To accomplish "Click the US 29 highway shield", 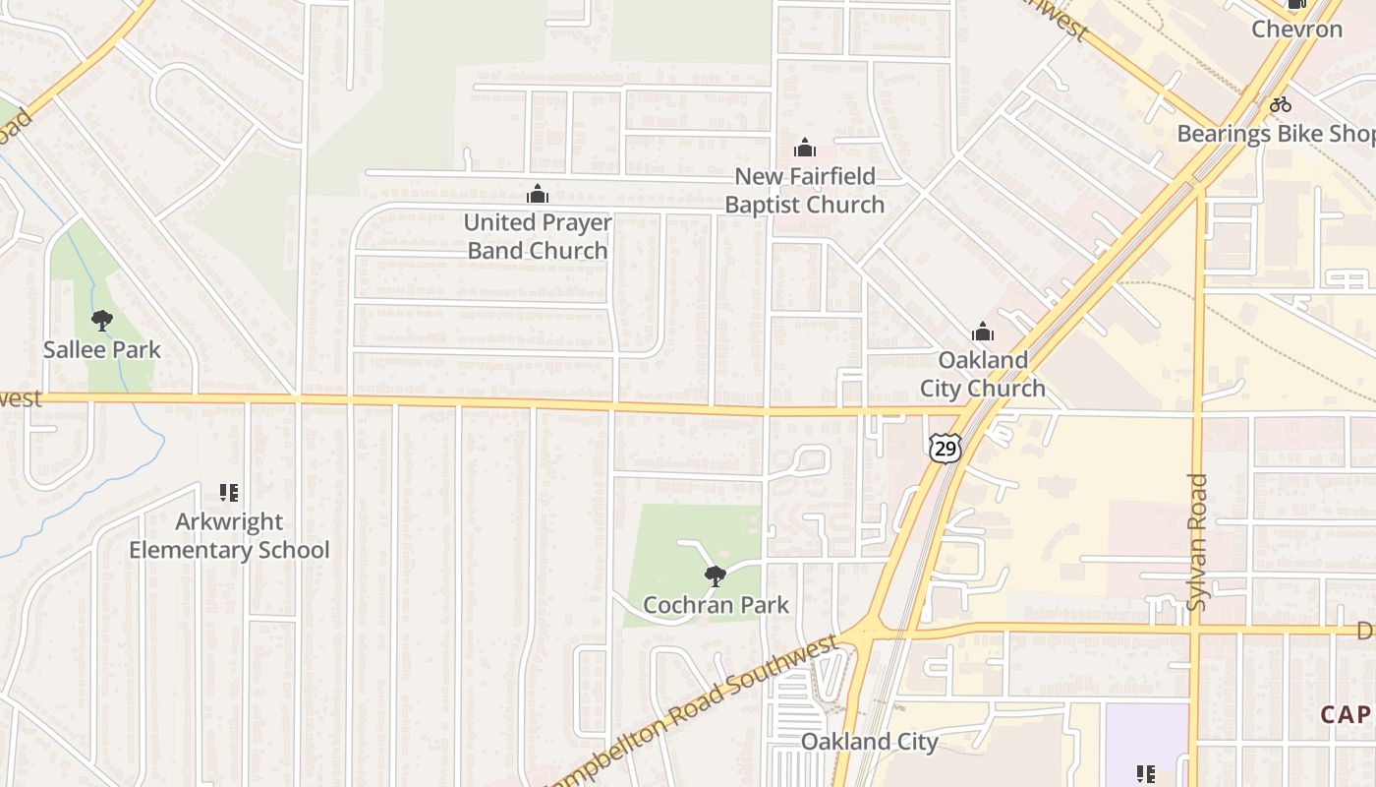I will click(945, 449).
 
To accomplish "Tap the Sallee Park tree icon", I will click(101, 321).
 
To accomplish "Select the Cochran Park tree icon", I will click(715, 575).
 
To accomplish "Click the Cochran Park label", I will click(716, 604).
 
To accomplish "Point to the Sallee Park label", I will click(101, 349).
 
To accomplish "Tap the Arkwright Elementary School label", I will click(229, 535).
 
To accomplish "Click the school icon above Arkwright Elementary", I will click(229, 492).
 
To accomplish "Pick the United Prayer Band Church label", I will click(538, 236).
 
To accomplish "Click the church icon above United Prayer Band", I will click(537, 194).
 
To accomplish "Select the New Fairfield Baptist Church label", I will click(805, 191).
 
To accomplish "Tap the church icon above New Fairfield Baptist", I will click(805, 149).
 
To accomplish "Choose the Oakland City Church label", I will click(983, 374).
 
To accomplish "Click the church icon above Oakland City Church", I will click(983, 333).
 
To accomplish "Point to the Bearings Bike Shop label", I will click(1276, 134).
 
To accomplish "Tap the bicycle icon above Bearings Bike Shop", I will click(1280, 104).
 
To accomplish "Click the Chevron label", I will click(1296, 29).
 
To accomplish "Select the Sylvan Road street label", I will click(1196, 541).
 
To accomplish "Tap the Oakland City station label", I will click(870, 741).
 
